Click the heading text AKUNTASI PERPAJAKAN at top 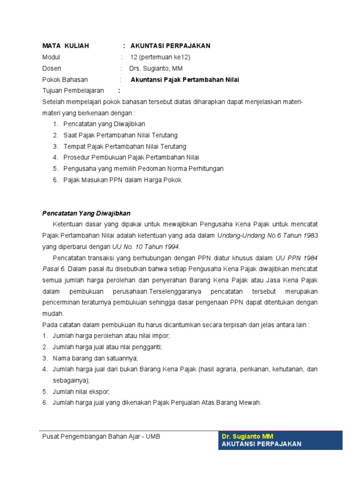[170, 46]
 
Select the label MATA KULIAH [62, 46]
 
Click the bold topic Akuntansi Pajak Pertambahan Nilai [185, 80]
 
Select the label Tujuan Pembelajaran [73, 91]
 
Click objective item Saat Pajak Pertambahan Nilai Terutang [120, 135]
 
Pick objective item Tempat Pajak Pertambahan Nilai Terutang [125, 147]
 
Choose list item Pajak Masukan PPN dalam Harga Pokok [122, 180]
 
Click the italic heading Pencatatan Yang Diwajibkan [86, 213]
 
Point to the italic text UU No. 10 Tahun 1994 [146, 247]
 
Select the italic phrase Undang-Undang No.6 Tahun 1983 [267, 236]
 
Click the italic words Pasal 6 [53, 269]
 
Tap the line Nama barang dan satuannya [95, 358]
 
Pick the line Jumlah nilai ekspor [81, 391]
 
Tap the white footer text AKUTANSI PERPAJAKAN [261, 444]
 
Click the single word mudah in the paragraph [52, 314]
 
